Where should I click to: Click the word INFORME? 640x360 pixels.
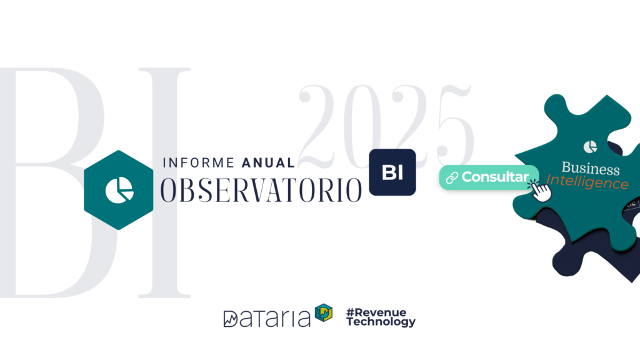pos(198,163)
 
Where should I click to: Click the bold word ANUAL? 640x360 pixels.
pos(268,163)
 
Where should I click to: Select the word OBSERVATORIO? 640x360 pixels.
pos(261,190)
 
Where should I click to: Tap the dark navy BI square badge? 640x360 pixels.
pos(392,172)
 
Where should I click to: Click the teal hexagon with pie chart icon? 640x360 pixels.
pos(118,190)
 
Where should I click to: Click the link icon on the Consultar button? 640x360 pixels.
pos(452,178)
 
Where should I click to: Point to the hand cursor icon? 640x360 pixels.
pos(541,190)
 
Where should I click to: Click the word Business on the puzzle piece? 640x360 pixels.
pos(591,168)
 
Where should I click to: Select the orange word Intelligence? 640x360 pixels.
pos(587,182)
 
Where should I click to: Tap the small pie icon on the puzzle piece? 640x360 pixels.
pos(590,146)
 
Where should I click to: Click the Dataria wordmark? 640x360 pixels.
pos(267,318)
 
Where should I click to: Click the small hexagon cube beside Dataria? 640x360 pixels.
pos(324,312)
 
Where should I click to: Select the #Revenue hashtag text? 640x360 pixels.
pos(376,312)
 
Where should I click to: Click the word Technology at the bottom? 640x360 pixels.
pos(381,322)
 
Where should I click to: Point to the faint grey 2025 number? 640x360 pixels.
pos(386,126)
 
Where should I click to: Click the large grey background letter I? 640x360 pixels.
pos(164,182)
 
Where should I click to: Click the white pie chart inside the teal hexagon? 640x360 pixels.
pos(119,190)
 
